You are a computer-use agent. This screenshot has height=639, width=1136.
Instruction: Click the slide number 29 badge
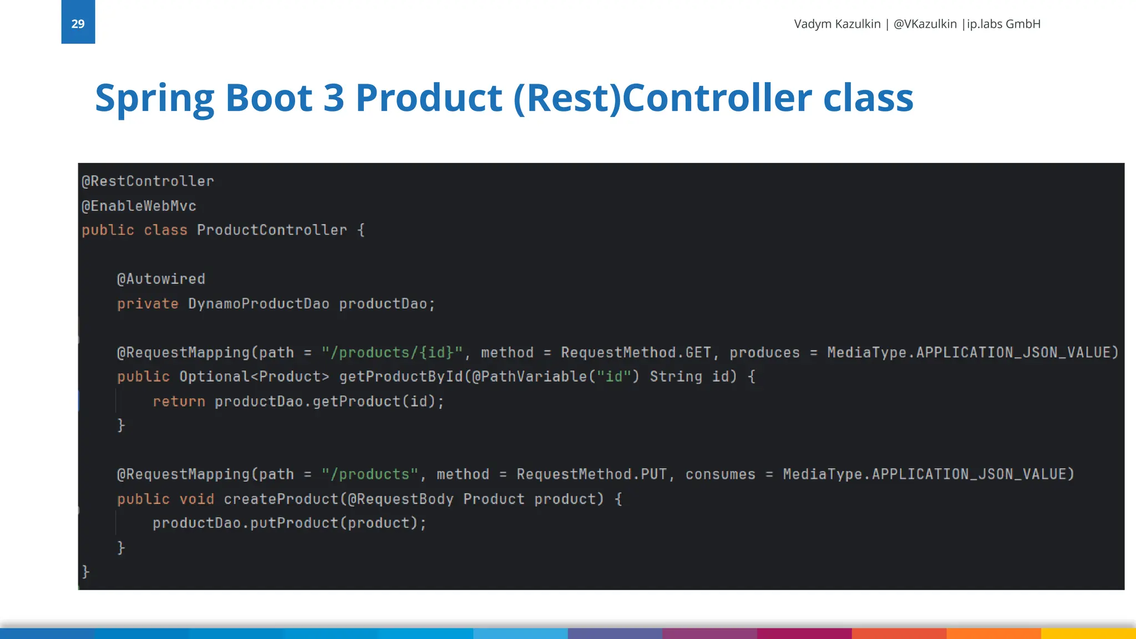(78, 23)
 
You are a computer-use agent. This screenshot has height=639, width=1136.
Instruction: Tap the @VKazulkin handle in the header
(925, 24)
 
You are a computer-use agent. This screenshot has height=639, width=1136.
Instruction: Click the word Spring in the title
(154, 99)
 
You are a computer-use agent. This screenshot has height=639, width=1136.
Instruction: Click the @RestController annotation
(148, 181)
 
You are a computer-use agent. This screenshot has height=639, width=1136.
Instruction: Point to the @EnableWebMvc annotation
(139, 206)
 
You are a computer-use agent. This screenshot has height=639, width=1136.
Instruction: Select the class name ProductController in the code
(272, 230)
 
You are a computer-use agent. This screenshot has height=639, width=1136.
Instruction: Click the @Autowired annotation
(161, 279)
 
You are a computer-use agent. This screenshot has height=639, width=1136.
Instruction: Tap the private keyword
(148, 304)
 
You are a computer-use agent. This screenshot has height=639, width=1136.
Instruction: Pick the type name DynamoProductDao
(258, 304)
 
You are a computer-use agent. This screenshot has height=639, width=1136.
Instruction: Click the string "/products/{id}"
(392, 353)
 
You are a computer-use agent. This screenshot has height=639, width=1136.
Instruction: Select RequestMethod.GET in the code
(636, 353)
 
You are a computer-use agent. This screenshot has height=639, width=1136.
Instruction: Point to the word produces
(764, 353)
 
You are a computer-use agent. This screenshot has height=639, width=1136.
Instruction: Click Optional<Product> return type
(254, 377)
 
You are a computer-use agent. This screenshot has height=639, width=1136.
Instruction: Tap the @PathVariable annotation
(529, 377)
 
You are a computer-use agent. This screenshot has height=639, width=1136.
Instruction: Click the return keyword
(179, 402)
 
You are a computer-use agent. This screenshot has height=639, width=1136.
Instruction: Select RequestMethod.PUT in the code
(591, 475)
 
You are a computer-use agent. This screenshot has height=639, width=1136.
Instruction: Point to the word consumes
(720, 475)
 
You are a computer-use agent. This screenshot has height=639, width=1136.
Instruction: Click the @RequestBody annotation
(400, 499)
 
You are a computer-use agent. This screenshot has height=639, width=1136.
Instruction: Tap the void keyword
(196, 499)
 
